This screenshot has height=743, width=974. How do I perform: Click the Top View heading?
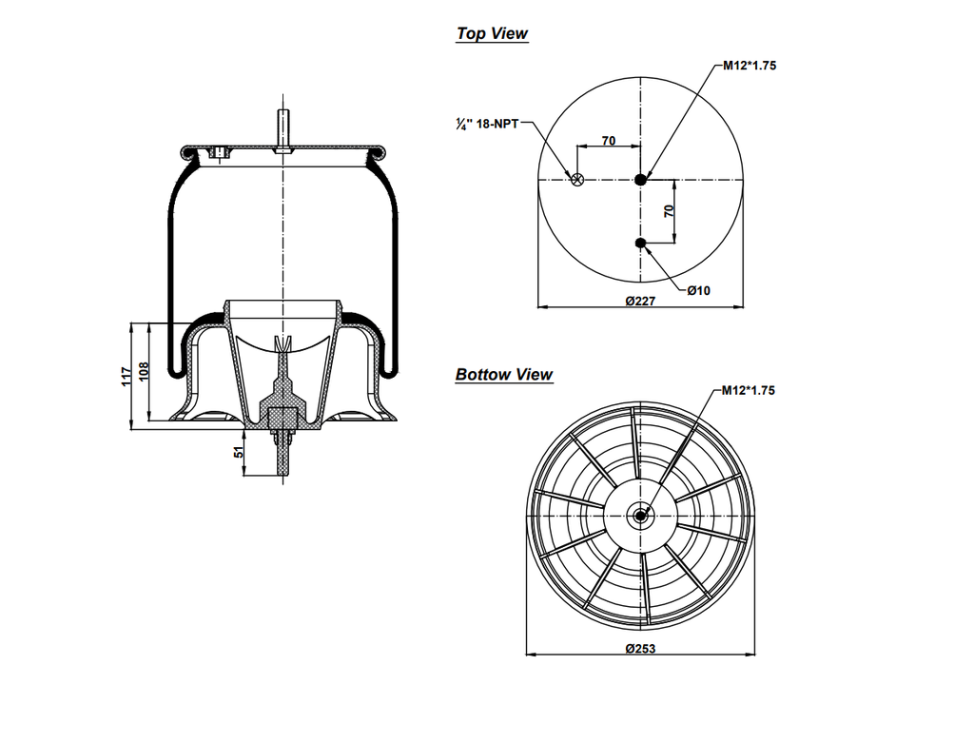(492, 33)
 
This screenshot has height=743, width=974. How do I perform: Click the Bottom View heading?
(503, 375)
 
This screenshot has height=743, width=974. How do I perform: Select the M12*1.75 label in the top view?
(750, 66)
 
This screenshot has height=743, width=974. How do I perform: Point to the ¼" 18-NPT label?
(487, 124)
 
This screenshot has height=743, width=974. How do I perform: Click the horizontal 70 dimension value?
(609, 141)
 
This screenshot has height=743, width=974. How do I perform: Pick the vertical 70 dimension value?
(669, 211)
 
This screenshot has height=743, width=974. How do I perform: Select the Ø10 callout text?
(699, 290)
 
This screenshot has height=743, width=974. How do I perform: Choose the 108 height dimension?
(145, 372)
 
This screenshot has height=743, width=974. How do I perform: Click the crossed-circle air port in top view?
(577, 179)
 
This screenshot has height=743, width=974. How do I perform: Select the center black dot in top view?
(641, 179)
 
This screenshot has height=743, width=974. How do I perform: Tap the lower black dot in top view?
(641, 244)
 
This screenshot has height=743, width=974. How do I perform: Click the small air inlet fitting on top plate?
(219, 152)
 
